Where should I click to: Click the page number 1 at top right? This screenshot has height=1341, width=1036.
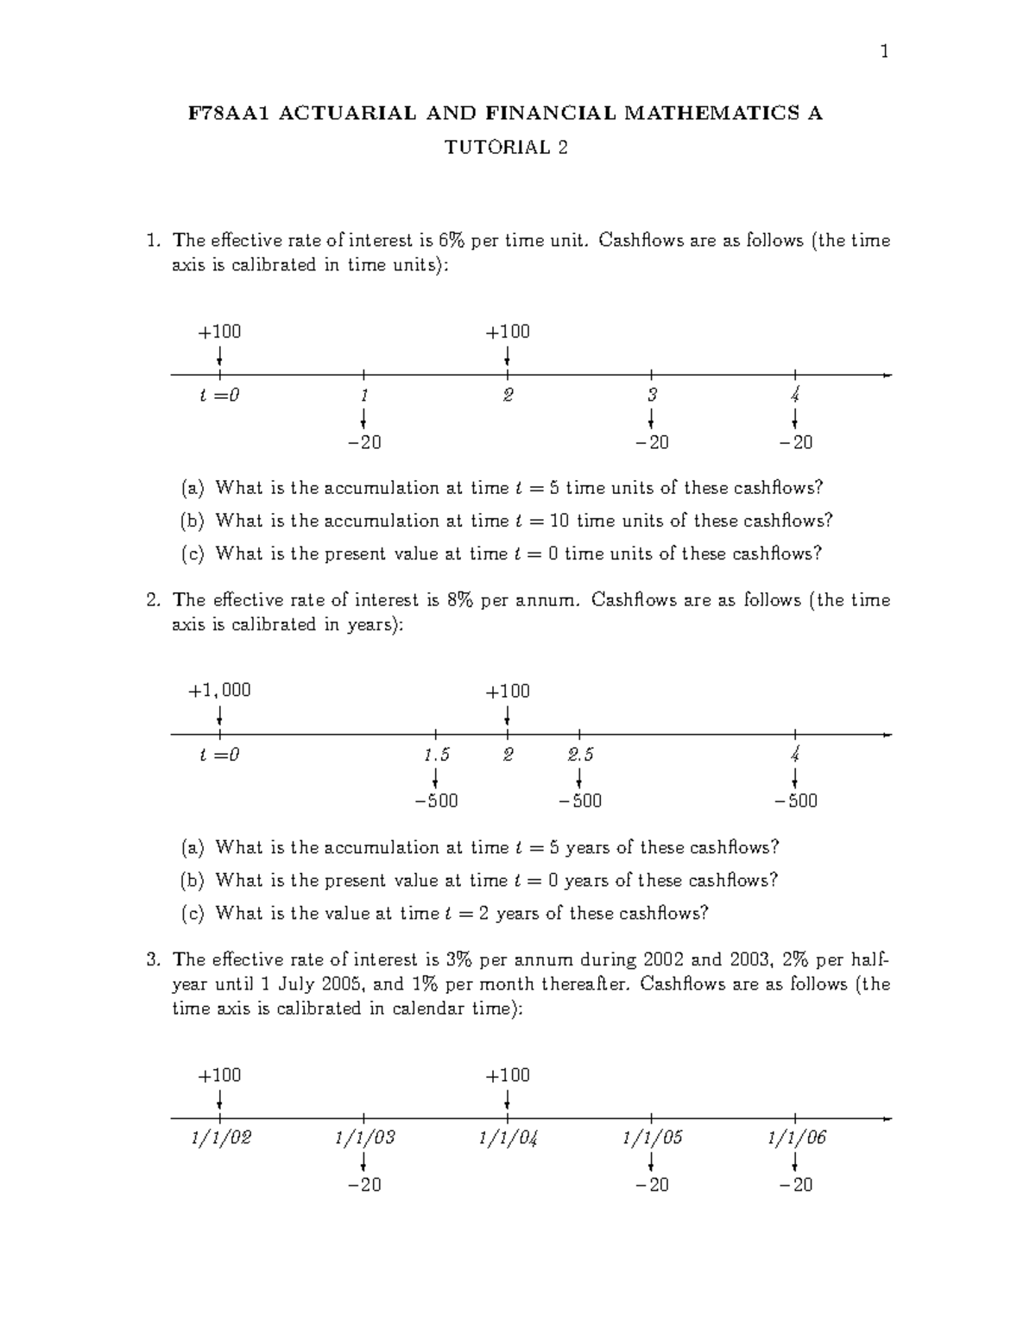tap(883, 53)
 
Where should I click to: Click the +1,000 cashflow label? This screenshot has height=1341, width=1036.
tap(220, 691)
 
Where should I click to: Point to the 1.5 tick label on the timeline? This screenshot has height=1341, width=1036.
tap(436, 755)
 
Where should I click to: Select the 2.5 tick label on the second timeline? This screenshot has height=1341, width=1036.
tap(580, 755)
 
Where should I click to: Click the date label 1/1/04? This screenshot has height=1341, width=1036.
tap(508, 1138)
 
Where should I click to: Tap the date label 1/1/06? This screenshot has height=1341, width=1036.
tap(796, 1138)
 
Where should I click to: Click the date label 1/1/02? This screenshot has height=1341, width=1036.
tap(221, 1138)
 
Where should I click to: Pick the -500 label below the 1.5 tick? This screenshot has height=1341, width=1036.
tap(436, 801)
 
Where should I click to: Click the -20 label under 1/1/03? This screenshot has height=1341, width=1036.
tap(364, 1185)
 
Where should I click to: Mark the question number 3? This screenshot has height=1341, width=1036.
tap(153, 959)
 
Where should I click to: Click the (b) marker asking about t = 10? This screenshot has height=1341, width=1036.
tap(191, 521)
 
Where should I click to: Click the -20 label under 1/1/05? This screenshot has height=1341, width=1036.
tap(652, 1185)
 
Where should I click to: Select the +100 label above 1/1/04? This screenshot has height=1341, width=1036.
tap(508, 1076)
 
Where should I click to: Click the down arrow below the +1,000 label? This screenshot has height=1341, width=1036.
tap(220, 717)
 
